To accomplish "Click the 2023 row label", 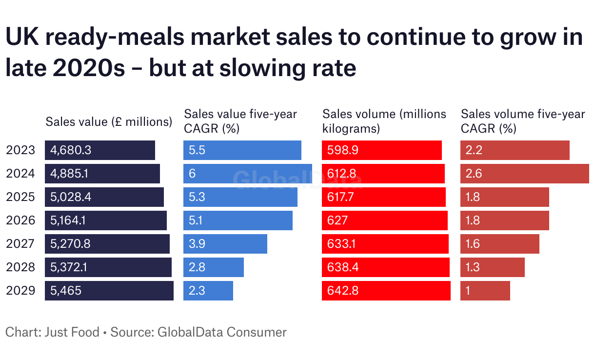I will click(20, 150).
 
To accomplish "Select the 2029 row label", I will click(20, 291).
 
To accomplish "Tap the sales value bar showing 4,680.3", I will click(100, 150).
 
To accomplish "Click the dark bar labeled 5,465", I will click(109, 291).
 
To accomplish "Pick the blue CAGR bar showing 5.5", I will click(242, 150).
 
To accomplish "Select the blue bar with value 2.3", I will click(208, 291).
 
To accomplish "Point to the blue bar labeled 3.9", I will click(225, 244).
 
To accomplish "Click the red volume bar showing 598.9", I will click(382, 150).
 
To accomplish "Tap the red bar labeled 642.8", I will click(386, 291).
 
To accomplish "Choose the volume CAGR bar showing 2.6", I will click(525, 174).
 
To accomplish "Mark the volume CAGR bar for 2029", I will click(485, 291).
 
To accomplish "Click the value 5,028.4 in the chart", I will click(71, 197).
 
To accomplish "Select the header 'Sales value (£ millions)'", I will click(109, 122).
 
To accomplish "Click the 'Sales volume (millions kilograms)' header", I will click(384, 121).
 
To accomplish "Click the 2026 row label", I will click(20, 220).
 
